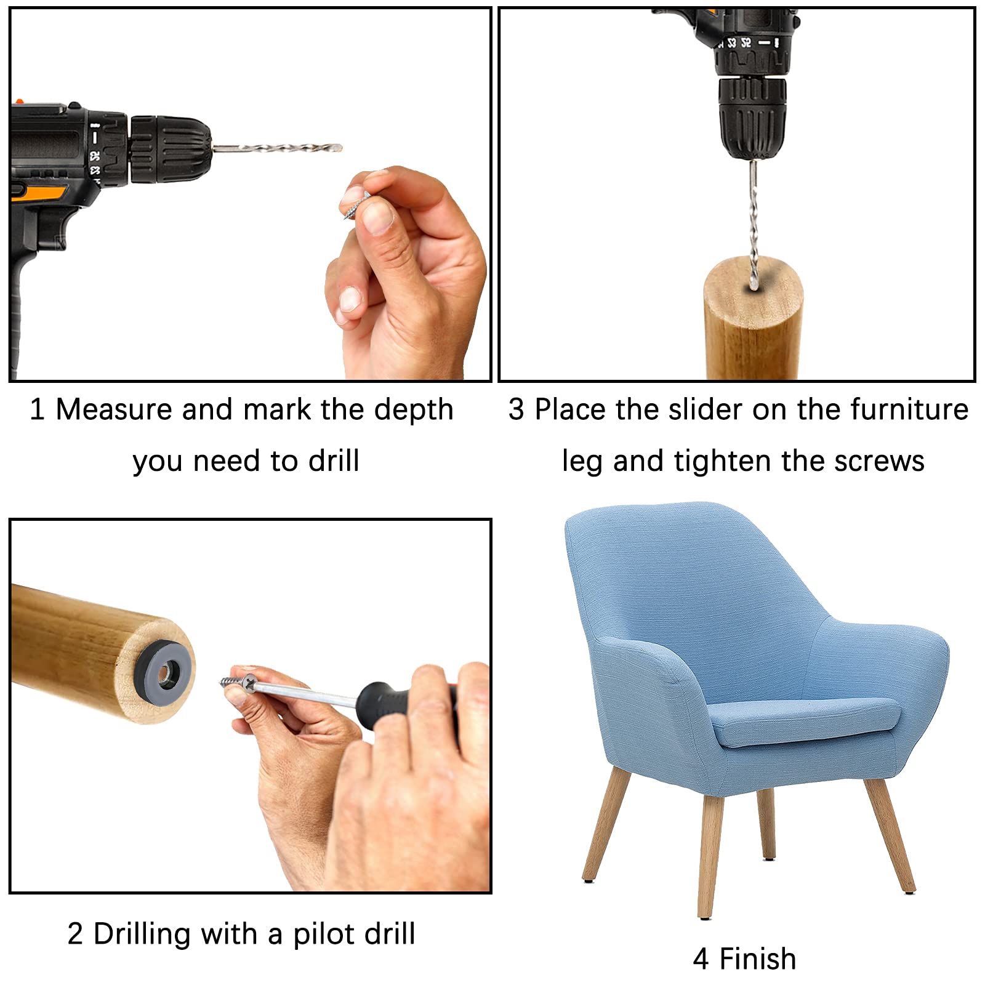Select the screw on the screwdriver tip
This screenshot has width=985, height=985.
pos(237,682)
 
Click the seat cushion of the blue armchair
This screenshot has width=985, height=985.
pos(800,723)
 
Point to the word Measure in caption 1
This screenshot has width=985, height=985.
pos(114,409)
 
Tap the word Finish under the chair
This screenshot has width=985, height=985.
pos(758,959)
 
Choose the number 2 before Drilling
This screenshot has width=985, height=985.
pos(75,934)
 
